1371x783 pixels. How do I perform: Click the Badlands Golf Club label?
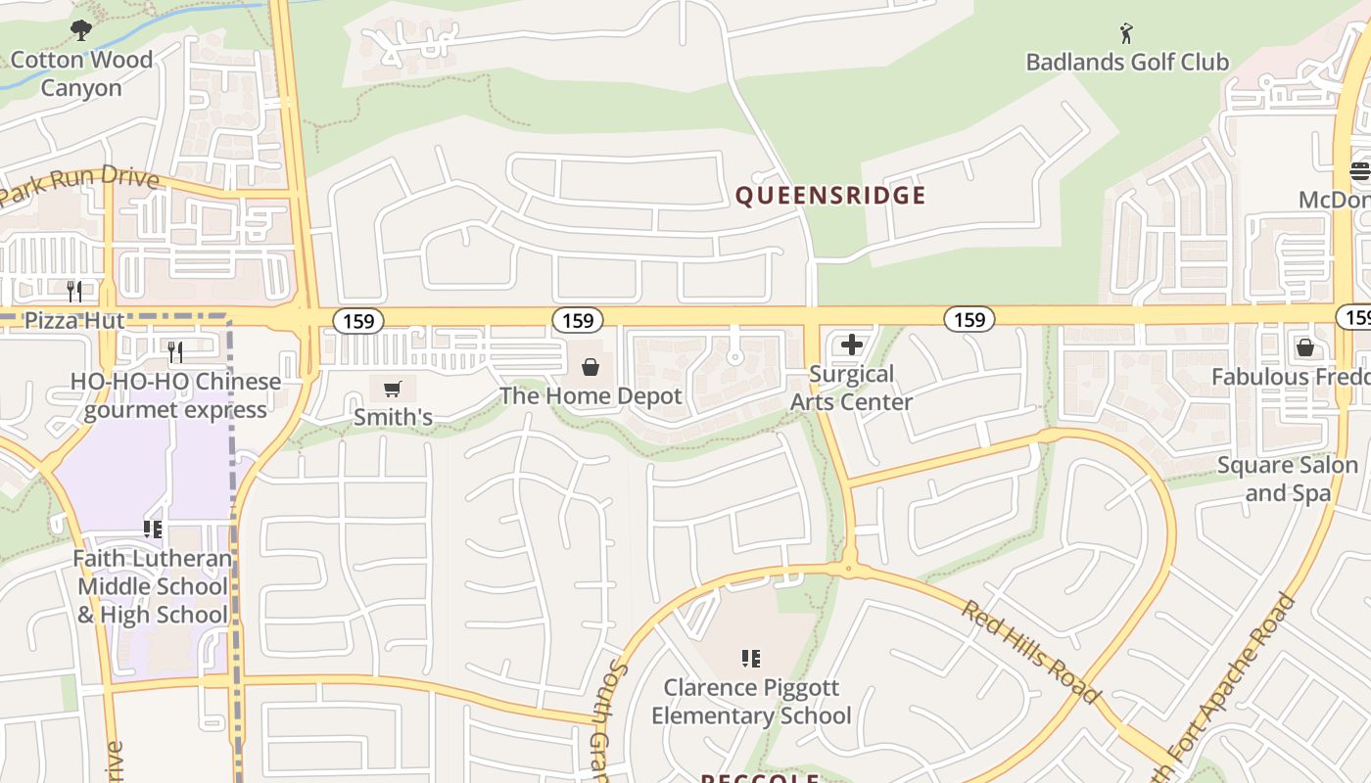pyautogui.click(x=1126, y=62)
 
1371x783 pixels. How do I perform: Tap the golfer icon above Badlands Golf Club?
pyautogui.click(x=1126, y=34)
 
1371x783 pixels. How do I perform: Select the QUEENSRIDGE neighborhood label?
pyautogui.click(x=830, y=196)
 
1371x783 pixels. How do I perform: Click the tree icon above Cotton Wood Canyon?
pyautogui.click(x=81, y=30)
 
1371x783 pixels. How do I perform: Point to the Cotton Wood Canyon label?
pyautogui.click(x=81, y=73)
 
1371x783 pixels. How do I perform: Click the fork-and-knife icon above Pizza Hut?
pyautogui.click(x=74, y=291)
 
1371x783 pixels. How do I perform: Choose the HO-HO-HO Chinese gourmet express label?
pyautogui.click(x=175, y=395)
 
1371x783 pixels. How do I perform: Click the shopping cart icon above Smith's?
pyautogui.click(x=393, y=390)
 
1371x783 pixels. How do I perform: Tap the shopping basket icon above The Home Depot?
pyautogui.click(x=591, y=367)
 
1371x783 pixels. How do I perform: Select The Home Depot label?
pyautogui.click(x=591, y=395)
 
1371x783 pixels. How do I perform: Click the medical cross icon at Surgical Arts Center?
pyautogui.click(x=852, y=345)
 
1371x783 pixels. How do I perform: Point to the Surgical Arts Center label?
pyautogui.click(x=851, y=388)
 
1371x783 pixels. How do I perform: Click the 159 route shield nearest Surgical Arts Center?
pyautogui.click(x=969, y=319)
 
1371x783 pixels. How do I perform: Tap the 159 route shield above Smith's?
pyautogui.click(x=358, y=320)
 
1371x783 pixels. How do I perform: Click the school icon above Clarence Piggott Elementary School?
pyautogui.click(x=751, y=659)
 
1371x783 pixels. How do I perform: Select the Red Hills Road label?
pyautogui.click(x=1030, y=651)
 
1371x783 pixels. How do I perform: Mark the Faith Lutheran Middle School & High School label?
pyautogui.click(x=153, y=586)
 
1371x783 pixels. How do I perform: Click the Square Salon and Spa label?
pyautogui.click(x=1287, y=479)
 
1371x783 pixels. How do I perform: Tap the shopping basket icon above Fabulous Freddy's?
pyautogui.click(x=1304, y=347)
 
